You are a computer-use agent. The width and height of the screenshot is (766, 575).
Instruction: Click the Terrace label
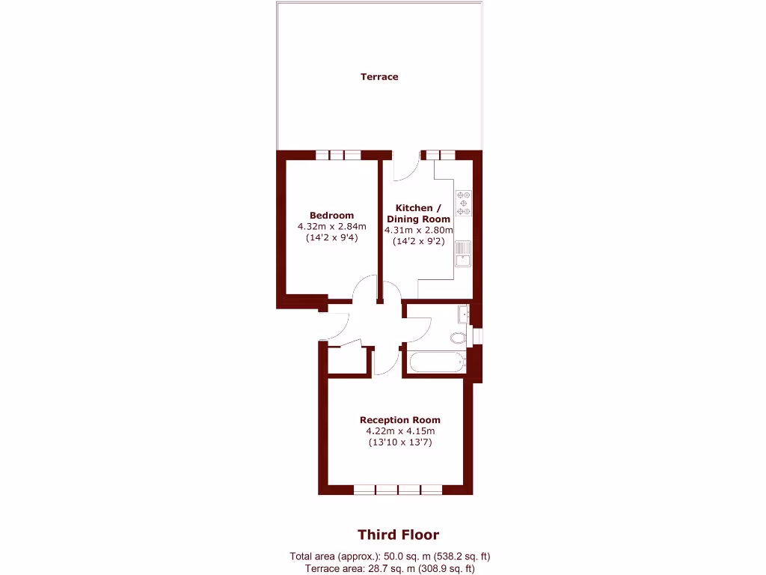[x=379, y=76]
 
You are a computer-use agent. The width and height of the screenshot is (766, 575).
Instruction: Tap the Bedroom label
[x=331, y=216]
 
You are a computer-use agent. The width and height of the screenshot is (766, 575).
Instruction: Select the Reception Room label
[x=399, y=420]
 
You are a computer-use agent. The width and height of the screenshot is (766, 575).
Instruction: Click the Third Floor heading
[x=398, y=535]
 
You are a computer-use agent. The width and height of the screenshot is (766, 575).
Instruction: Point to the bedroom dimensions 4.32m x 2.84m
[x=331, y=227]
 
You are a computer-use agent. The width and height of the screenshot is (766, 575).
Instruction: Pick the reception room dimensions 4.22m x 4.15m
[x=399, y=431]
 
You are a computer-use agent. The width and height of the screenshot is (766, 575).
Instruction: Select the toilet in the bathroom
[x=459, y=338]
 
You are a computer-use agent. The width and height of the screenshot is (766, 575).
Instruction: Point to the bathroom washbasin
[x=464, y=313]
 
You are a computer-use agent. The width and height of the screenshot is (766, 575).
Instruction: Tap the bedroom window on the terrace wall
[x=338, y=155]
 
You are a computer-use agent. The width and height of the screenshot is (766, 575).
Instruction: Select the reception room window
[x=398, y=490]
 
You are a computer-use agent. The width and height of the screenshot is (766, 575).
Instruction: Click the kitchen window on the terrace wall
[x=438, y=155]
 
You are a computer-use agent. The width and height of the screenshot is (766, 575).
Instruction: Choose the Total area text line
[x=390, y=556]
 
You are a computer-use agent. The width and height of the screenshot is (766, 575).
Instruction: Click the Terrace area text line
[x=390, y=569]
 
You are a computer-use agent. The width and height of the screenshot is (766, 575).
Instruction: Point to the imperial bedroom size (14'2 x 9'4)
[x=331, y=238]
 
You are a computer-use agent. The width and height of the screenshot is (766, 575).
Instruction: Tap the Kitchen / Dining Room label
[x=418, y=213]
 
